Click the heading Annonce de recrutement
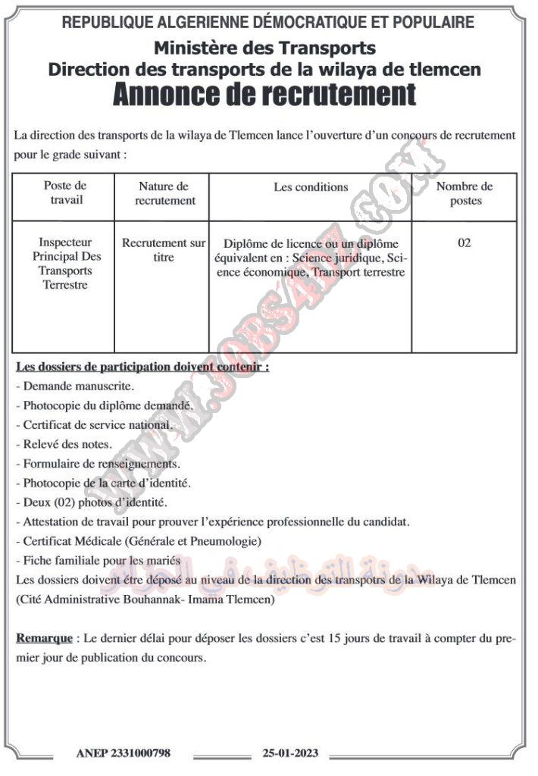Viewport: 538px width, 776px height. (264, 95)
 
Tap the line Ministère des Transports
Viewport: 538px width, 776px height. (264, 48)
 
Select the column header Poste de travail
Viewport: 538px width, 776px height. (65, 193)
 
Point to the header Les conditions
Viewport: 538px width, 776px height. (311, 186)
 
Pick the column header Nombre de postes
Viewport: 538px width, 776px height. (464, 193)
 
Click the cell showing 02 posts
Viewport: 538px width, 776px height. (464, 243)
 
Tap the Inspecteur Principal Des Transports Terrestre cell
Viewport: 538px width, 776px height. (65, 264)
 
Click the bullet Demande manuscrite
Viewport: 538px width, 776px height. (76, 386)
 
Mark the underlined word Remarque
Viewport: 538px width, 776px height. (45, 638)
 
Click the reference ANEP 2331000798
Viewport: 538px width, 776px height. (124, 753)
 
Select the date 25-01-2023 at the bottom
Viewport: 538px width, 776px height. (290, 753)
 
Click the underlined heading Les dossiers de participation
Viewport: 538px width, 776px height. (142, 366)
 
